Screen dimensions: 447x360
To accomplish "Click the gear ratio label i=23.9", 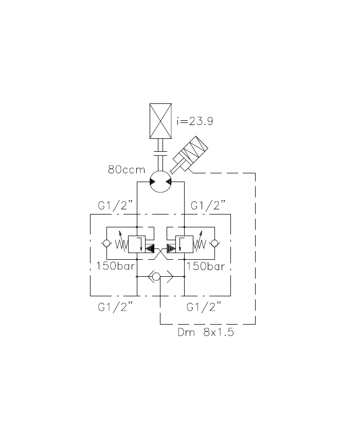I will coord(194,122).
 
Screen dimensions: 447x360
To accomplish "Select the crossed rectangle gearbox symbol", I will coord(160,121).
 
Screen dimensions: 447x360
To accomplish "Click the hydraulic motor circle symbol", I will coord(160,182).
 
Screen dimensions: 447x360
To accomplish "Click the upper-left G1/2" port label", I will coord(116,206).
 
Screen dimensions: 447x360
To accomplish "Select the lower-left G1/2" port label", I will coord(116,307).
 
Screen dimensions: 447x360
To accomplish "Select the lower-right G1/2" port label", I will coord(204,307).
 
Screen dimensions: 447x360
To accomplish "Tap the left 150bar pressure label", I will coord(115,266).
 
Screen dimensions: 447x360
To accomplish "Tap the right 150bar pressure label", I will coord(205,266).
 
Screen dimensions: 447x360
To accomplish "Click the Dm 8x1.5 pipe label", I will coord(206,332).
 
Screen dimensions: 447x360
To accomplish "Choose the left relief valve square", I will coord(136,244).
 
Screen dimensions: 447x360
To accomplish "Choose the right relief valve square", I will coord(184,244).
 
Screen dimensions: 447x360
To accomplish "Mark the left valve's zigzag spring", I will coord(121,244).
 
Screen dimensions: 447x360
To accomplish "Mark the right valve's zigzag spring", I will coord(199,244).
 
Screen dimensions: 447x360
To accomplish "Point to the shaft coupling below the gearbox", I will coord(160,153).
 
